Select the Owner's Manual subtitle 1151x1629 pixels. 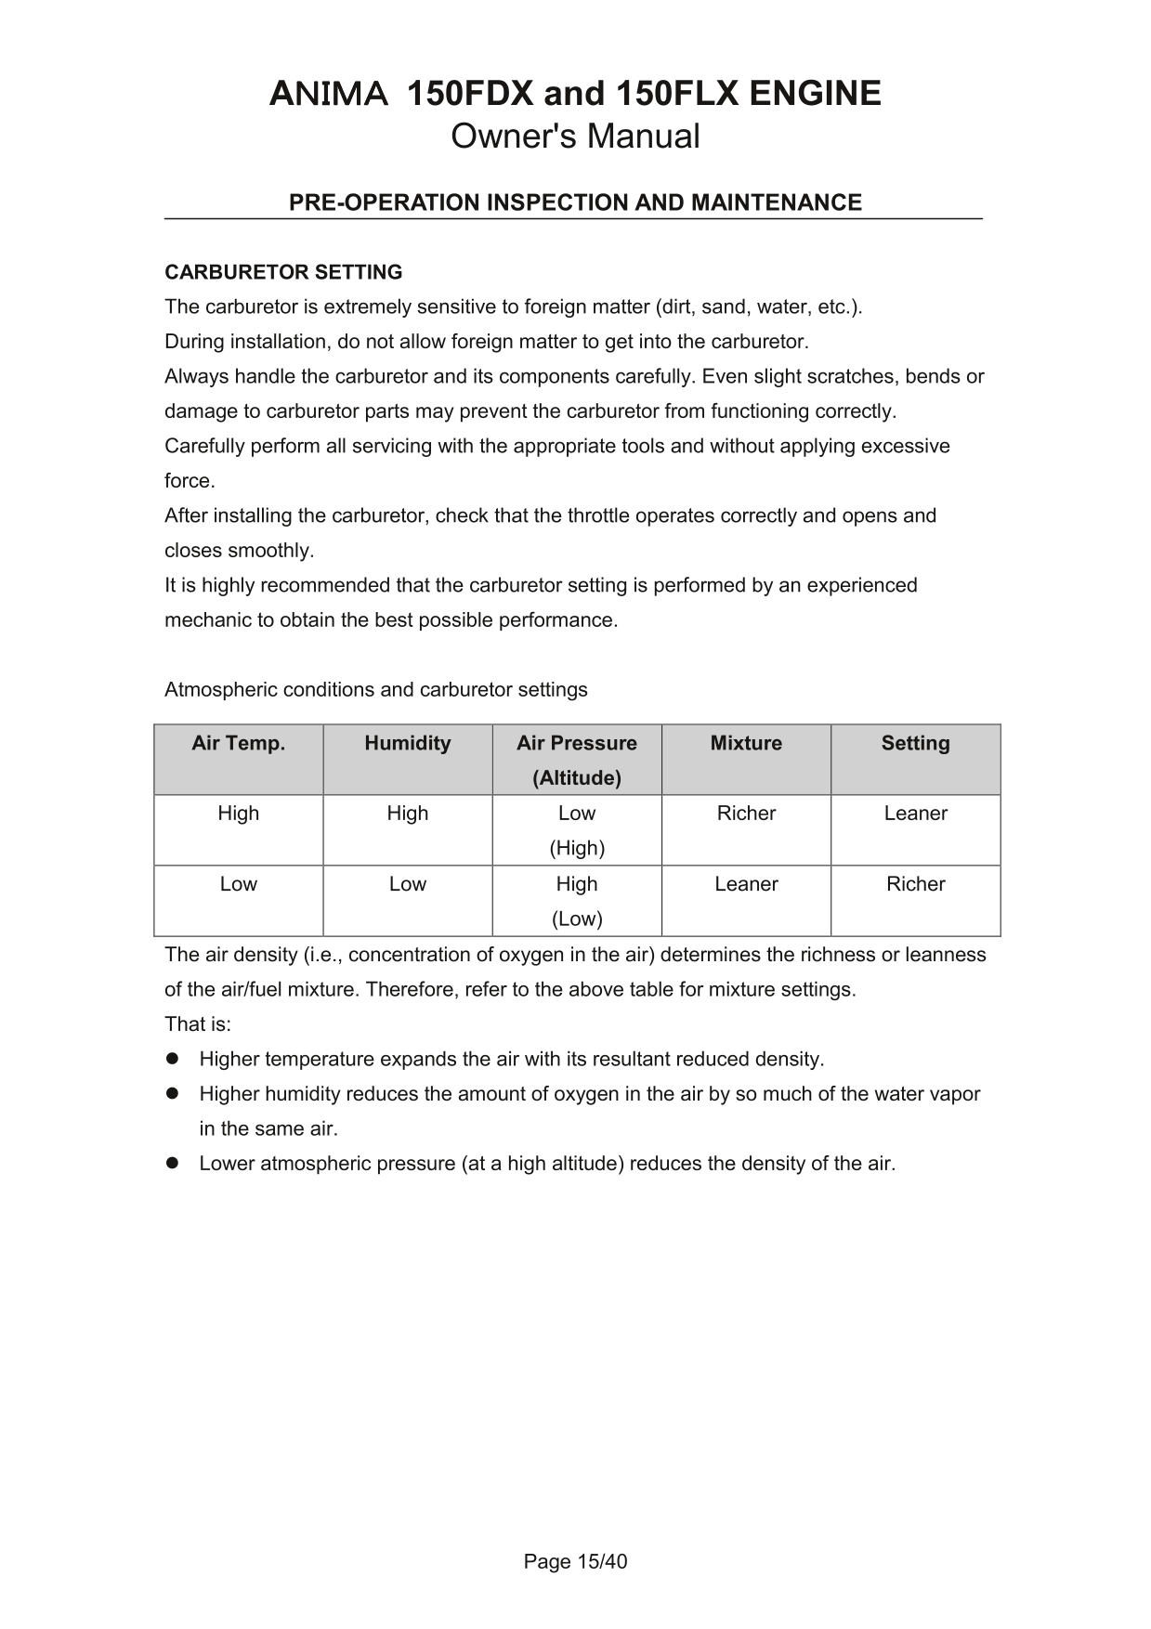(x=575, y=137)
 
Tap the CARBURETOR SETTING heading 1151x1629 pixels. (x=283, y=272)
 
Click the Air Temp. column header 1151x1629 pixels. (x=239, y=743)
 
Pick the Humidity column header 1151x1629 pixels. (x=408, y=743)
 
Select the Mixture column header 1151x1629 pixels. (x=746, y=743)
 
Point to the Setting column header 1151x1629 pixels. (x=915, y=743)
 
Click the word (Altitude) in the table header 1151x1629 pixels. (x=577, y=778)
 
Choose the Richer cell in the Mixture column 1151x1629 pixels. (x=746, y=814)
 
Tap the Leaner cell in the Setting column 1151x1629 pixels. (x=915, y=814)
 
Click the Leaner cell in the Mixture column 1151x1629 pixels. (x=746, y=884)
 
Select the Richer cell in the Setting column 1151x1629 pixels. (x=915, y=884)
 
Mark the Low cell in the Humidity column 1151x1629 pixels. (x=408, y=884)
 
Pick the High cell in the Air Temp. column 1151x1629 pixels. (x=239, y=814)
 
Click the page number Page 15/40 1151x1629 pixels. (x=575, y=1561)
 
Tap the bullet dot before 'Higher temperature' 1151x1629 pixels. (x=172, y=1059)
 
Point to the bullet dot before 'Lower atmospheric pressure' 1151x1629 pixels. (x=172, y=1163)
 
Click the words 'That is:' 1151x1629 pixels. (x=198, y=1024)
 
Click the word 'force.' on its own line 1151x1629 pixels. (x=190, y=481)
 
